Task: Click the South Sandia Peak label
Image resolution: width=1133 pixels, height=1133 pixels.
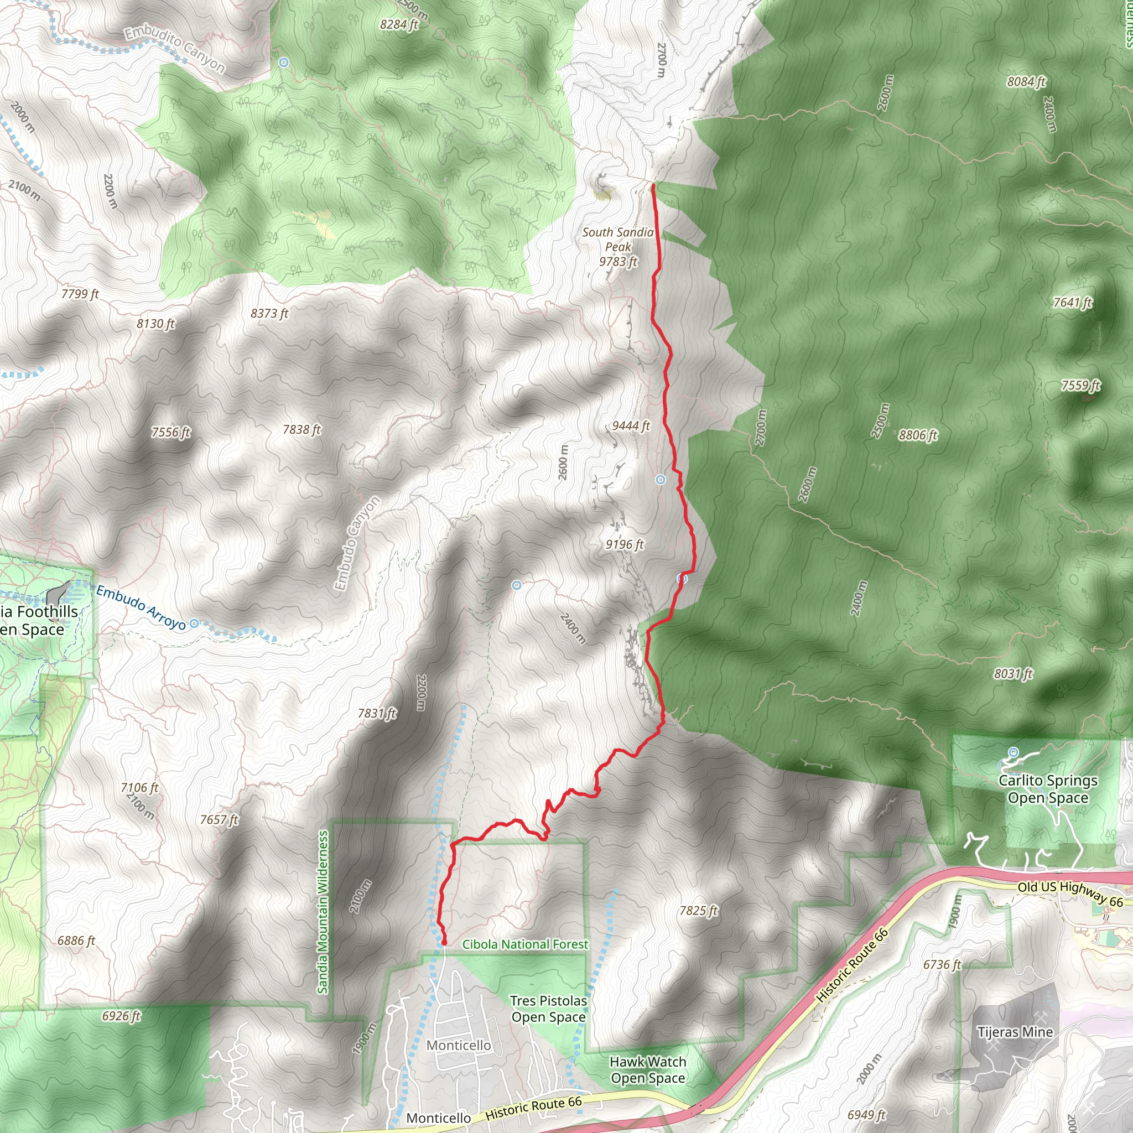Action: coord(617,247)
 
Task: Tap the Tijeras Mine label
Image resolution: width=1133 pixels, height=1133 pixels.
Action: coord(1015,1032)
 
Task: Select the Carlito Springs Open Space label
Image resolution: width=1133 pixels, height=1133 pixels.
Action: coord(1048,789)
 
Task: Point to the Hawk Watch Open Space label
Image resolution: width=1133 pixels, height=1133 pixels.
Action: coord(647,1070)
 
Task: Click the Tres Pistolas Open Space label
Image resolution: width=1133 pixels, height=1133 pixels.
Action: coord(548,1009)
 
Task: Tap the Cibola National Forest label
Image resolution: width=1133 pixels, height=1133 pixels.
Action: coord(525,944)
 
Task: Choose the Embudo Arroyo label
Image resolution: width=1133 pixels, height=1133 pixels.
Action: coord(141,607)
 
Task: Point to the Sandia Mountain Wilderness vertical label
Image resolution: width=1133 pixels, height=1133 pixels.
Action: coord(323,912)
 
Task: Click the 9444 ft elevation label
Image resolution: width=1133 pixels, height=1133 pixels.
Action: coord(631,426)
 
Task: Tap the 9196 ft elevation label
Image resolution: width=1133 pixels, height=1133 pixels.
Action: coord(625,545)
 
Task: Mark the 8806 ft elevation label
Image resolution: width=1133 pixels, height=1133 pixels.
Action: coord(918,435)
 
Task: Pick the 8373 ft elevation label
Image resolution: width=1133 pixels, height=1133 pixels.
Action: coord(269,313)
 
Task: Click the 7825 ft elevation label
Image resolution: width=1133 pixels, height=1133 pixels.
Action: coord(699,910)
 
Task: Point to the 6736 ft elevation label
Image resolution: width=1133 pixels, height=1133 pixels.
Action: coord(942,964)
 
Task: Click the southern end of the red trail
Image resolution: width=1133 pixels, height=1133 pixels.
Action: coord(444,942)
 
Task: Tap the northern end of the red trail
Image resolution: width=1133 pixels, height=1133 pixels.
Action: coord(653,185)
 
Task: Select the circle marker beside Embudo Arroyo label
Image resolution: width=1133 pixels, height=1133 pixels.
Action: coord(195,623)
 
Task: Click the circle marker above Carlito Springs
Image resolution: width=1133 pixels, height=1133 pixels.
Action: coord(1014,752)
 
